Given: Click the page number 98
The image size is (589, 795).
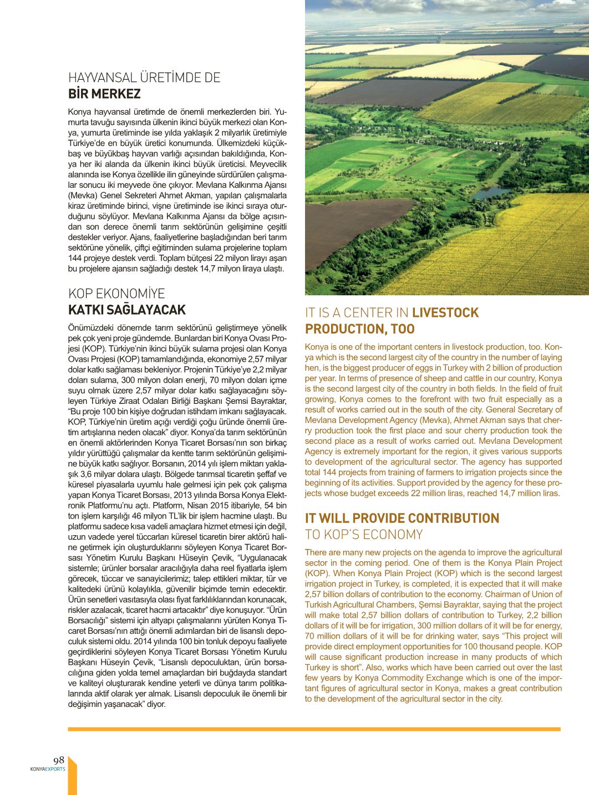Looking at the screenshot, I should point(59,760).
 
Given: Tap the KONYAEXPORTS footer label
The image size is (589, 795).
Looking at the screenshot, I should point(48,769).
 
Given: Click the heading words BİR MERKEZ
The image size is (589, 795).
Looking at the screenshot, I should point(104,94).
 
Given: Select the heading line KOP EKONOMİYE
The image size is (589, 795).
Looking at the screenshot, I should point(116,294).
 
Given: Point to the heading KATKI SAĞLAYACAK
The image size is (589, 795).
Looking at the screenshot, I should point(127,310).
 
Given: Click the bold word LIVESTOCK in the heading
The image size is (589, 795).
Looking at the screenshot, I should point(445,312).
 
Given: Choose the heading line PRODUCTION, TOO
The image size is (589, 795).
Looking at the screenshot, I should point(360,329).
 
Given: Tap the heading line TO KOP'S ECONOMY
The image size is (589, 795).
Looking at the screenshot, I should point(364,535).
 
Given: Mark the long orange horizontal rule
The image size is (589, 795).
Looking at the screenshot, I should point(314,729).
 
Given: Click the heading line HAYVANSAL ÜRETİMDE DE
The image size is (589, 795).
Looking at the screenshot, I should point(144,78).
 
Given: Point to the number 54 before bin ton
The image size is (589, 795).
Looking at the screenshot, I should point(269,505).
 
